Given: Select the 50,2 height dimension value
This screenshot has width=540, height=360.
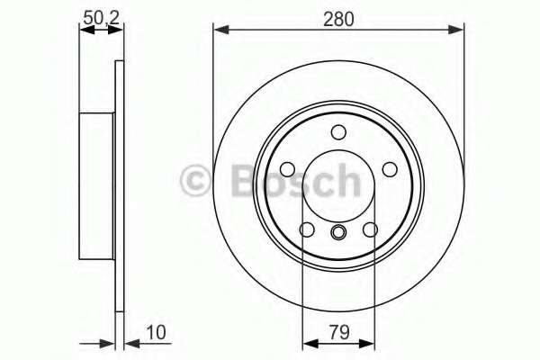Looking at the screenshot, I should pyautogui.click(x=101, y=15).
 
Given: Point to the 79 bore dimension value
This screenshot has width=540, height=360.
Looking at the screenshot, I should pyautogui.click(x=338, y=331).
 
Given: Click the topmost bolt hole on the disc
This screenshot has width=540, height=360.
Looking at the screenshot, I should pyautogui.click(x=338, y=133).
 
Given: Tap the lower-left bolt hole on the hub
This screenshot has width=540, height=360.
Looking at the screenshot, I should pyautogui.click(x=307, y=230).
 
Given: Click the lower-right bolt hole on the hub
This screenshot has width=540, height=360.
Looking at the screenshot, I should pyautogui.click(x=370, y=230).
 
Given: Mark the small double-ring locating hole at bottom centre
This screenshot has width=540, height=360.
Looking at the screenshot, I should pyautogui.click(x=338, y=235).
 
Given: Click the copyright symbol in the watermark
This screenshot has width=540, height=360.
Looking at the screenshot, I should pyautogui.click(x=198, y=182).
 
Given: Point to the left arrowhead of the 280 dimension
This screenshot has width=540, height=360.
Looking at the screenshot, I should pyautogui.click(x=219, y=31).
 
